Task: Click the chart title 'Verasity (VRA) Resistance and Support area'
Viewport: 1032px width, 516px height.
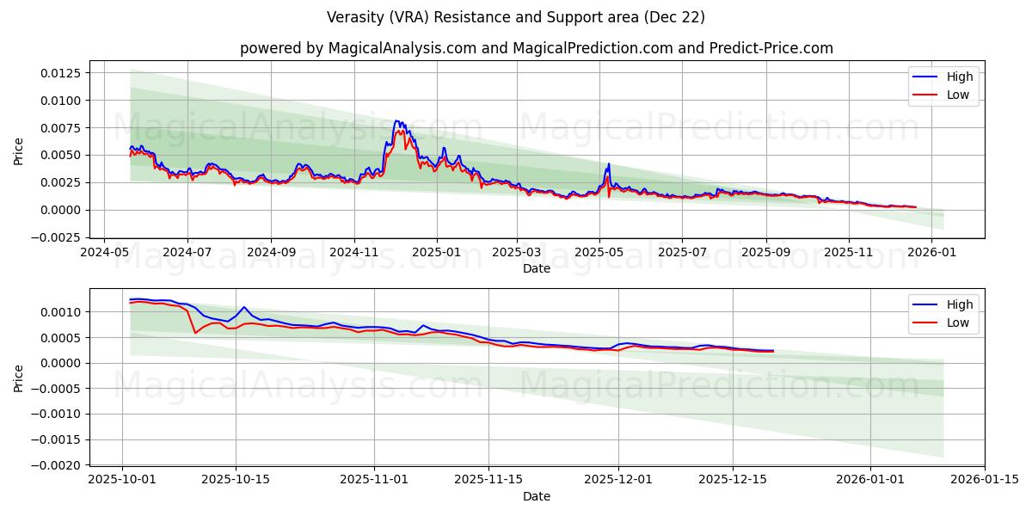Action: pyautogui.click(x=516, y=17)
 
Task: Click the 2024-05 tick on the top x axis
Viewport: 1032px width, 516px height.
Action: pyautogui.click(x=105, y=253)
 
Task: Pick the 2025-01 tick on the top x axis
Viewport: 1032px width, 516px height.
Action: pyautogui.click(x=436, y=253)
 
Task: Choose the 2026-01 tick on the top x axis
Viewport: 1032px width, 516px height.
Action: pyautogui.click(x=932, y=253)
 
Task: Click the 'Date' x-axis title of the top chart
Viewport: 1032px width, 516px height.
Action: pyautogui.click(x=537, y=268)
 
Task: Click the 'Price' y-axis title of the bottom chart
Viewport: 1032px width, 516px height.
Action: pyautogui.click(x=19, y=378)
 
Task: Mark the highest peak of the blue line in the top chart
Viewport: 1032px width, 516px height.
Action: pyautogui.click(x=396, y=121)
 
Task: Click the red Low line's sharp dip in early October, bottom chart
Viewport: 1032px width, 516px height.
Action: pyautogui.click(x=195, y=333)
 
